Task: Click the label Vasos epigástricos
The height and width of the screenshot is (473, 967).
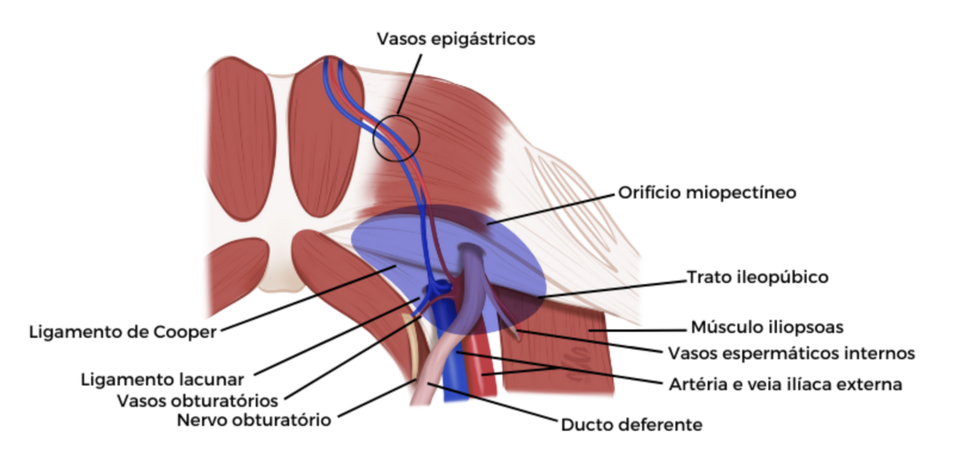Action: tap(456, 39)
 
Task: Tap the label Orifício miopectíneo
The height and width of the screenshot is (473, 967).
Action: tap(707, 193)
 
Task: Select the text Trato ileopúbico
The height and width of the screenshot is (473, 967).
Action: tap(757, 277)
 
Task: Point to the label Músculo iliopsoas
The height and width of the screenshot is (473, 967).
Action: tap(767, 327)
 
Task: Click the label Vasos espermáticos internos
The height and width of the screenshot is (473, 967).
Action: tap(791, 353)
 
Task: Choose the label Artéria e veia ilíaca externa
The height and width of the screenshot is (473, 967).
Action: tap(785, 385)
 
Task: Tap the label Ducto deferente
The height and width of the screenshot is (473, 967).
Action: tap(631, 425)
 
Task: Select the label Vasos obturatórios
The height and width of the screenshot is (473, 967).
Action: tap(197, 401)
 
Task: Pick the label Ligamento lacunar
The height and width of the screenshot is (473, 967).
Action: tap(162, 378)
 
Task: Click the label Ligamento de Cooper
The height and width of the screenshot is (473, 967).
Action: tap(123, 332)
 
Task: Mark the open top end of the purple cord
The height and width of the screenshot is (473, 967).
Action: tap(472, 251)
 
